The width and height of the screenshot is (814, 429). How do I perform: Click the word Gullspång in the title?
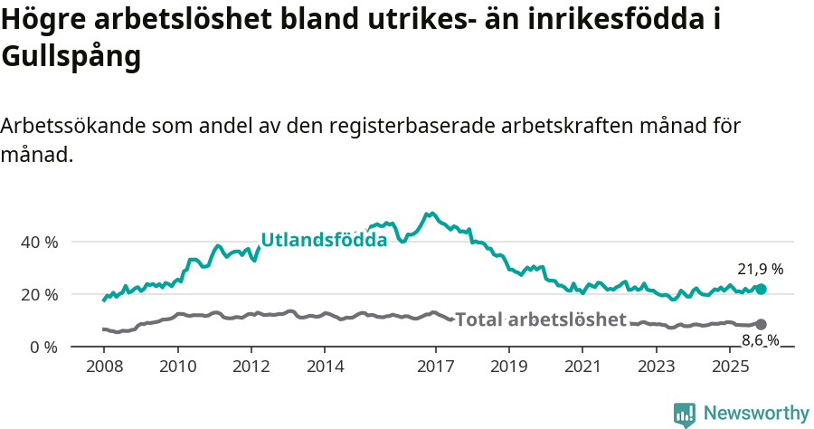click(x=71, y=57)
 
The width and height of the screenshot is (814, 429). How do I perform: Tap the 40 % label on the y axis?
click(x=39, y=243)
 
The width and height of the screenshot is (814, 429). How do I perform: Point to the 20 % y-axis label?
click(x=39, y=295)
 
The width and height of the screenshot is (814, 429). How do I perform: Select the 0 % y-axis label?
click(x=43, y=348)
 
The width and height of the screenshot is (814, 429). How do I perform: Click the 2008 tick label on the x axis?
click(x=104, y=367)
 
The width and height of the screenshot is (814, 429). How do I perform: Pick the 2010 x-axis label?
click(x=177, y=367)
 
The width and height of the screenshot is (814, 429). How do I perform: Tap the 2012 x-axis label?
click(x=251, y=367)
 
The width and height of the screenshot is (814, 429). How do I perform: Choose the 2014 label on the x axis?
click(x=325, y=367)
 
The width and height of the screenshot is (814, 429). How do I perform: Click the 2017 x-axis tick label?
click(x=435, y=367)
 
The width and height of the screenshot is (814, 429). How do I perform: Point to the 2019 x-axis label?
click(x=509, y=367)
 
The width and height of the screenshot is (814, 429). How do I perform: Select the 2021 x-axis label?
click(x=582, y=367)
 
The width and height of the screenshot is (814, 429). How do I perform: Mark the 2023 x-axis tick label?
click(x=657, y=367)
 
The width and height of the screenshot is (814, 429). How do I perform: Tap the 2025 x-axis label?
click(x=730, y=367)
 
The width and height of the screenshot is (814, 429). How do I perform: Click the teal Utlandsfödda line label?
click(x=324, y=240)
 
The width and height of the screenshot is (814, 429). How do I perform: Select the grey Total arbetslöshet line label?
click(x=540, y=319)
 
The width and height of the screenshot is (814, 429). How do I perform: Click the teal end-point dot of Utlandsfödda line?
click(x=761, y=289)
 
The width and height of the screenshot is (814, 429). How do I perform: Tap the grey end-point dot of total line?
click(x=761, y=324)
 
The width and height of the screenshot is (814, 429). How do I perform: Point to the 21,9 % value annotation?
click(x=760, y=269)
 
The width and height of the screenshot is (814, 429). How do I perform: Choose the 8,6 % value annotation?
click(x=760, y=340)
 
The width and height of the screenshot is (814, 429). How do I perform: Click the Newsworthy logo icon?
click(x=685, y=415)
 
